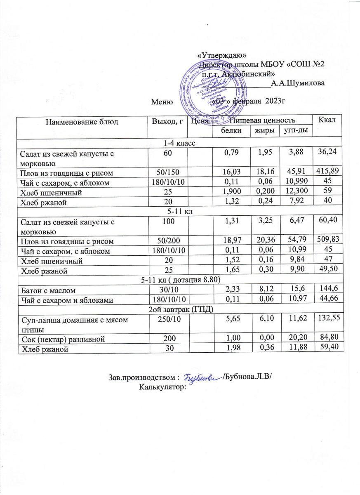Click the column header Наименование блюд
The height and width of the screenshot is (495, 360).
(82, 122)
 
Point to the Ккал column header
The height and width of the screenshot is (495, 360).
(327, 120)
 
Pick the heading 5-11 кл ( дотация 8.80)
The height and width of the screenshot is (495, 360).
(180, 280)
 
